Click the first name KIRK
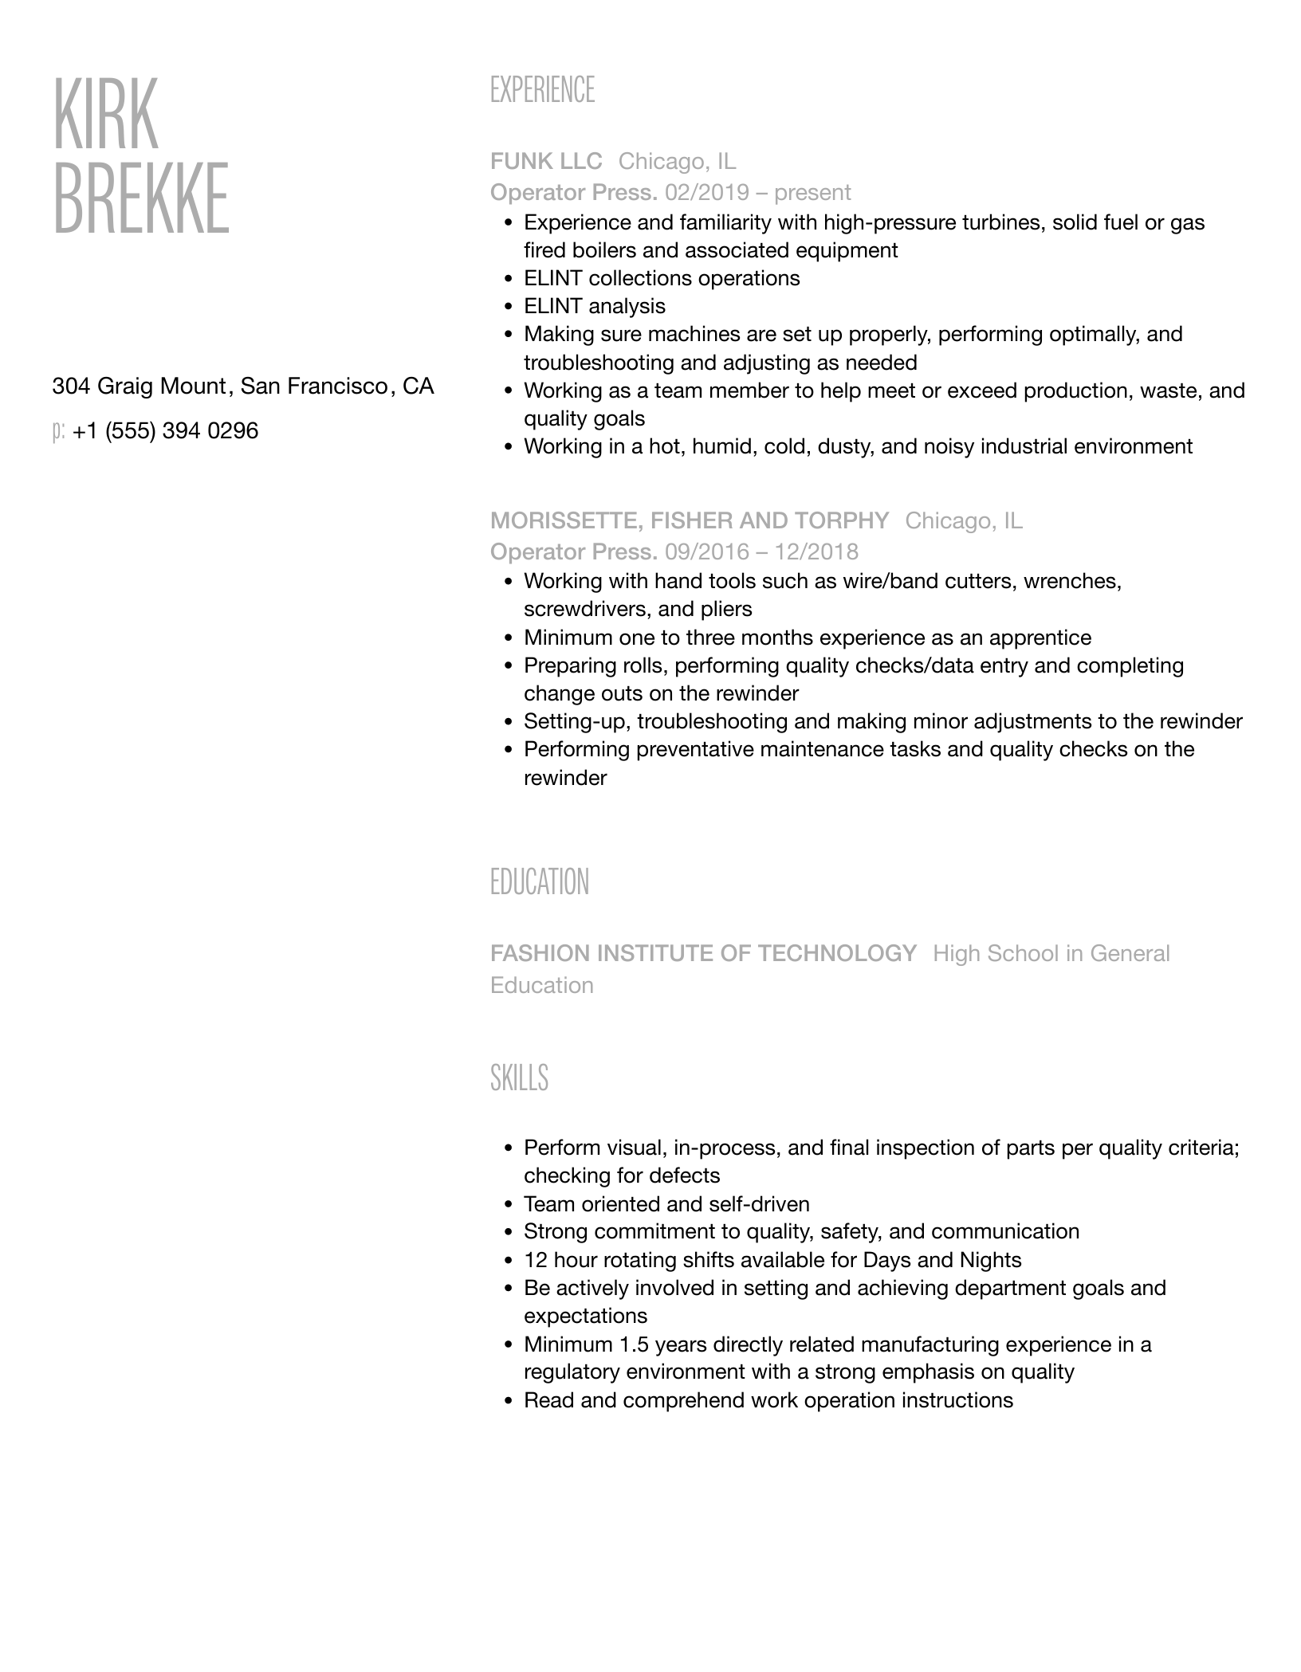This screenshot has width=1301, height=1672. (106, 113)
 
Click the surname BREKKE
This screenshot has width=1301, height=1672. (141, 198)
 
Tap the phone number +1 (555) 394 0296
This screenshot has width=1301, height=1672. (165, 431)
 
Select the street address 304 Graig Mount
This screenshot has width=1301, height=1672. (139, 387)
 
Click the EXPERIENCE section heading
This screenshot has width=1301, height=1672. (542, 90)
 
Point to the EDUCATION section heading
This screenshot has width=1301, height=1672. (539, 882)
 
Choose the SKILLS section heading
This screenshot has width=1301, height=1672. (519, 1077)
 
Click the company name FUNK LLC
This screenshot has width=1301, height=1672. (546, 162)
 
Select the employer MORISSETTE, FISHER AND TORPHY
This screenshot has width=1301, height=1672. (689, 521)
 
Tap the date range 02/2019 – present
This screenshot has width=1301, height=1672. (757, 193)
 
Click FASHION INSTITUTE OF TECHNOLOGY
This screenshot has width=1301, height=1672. (703, 954)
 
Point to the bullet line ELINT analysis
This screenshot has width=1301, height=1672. (594, 307)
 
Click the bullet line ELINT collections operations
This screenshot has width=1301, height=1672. (661, 279)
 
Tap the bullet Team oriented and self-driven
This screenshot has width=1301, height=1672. (666, 1204)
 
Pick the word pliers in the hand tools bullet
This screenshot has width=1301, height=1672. (726, 610)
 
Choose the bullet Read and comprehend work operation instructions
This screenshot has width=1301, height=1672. (768, 1401)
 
